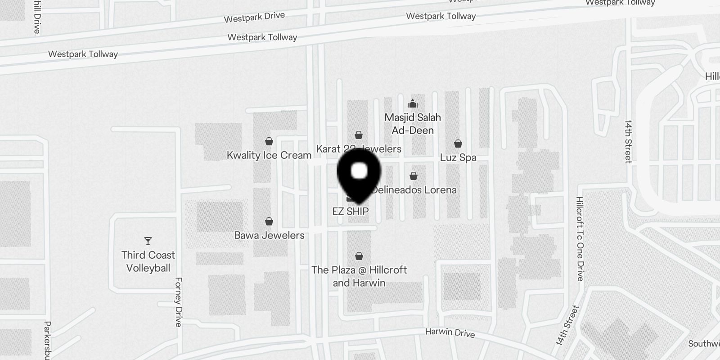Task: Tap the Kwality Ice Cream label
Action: pos(269,155)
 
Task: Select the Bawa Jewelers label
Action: pos(269,235)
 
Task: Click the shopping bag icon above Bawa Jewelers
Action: pos(269,221)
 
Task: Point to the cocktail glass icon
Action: pos(148,241)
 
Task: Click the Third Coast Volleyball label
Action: pos(148,261)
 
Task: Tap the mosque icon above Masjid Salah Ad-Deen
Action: pos(413,104)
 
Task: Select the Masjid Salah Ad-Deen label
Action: pos(413,124)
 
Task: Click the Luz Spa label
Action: pos(458,157)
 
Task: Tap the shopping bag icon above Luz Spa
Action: pos(458,144)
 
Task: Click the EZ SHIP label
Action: pos(351,211)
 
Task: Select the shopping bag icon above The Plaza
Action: pos(359,256)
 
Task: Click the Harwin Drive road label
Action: pos(450,333)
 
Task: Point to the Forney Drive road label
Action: pos(179,302)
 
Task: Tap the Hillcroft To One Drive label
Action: pos(580,239)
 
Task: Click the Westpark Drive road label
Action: pos(254,17)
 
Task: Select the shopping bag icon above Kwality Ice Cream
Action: pos(269,141)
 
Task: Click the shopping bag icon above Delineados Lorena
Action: pos(414,176)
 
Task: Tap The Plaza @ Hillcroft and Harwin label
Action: pos(359,276)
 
